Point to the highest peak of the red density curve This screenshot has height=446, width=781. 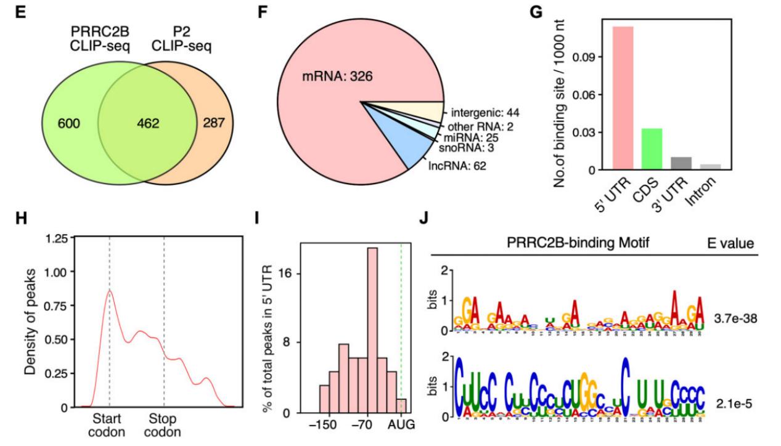click(110, 291)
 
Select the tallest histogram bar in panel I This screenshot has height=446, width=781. click(372, 330)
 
